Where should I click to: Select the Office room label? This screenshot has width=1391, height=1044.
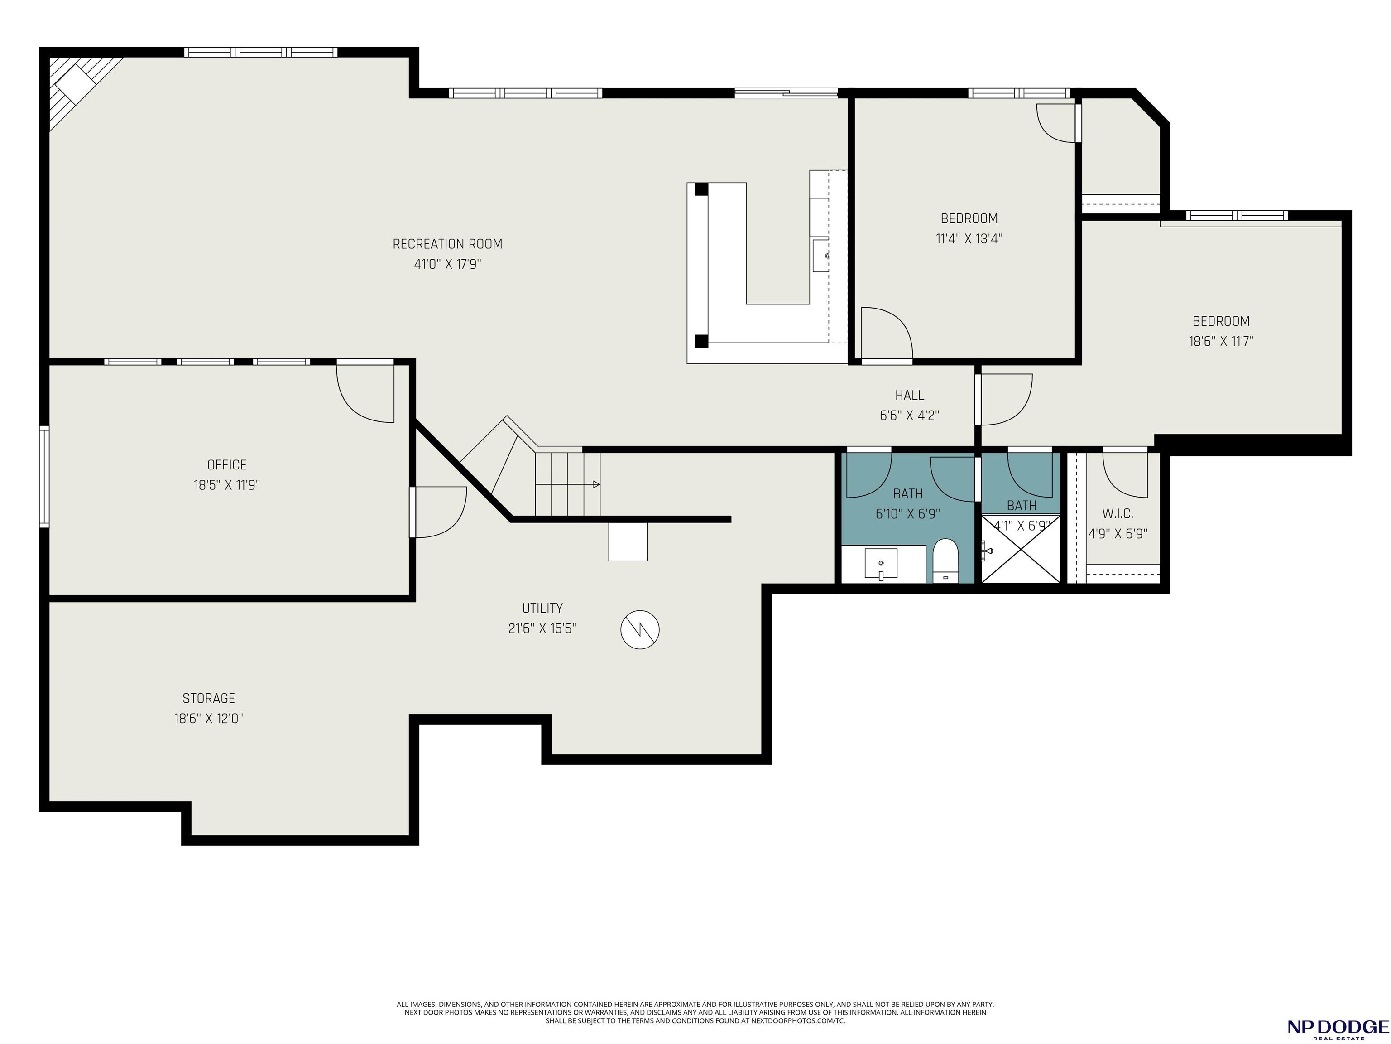[x=227, y=464]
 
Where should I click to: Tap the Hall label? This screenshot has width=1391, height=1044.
[x=909, y=395]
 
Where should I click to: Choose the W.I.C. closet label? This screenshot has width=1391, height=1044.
[x=1118, y=513]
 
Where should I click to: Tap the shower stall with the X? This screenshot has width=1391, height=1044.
[x=1021, y=549]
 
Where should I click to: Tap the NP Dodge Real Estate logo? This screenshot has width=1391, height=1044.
[x=1337, y=1028]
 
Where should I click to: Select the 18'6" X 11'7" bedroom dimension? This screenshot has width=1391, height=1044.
[x=1221, y=342]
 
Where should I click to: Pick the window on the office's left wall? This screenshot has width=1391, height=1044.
[x=44, y=476]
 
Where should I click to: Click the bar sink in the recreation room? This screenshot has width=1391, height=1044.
[x=820, y=255]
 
